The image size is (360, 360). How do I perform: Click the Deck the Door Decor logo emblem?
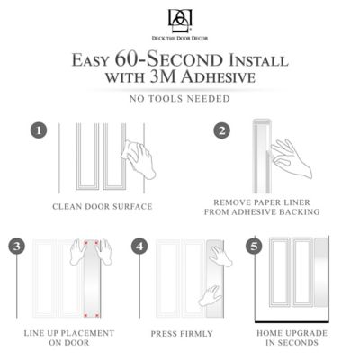[x=180, y=17]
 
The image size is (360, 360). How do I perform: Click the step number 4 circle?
[x=139, y=246]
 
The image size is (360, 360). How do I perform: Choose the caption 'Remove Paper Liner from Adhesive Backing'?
[x=266, y=208]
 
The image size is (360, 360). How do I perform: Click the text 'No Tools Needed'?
[x=180, y=99]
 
